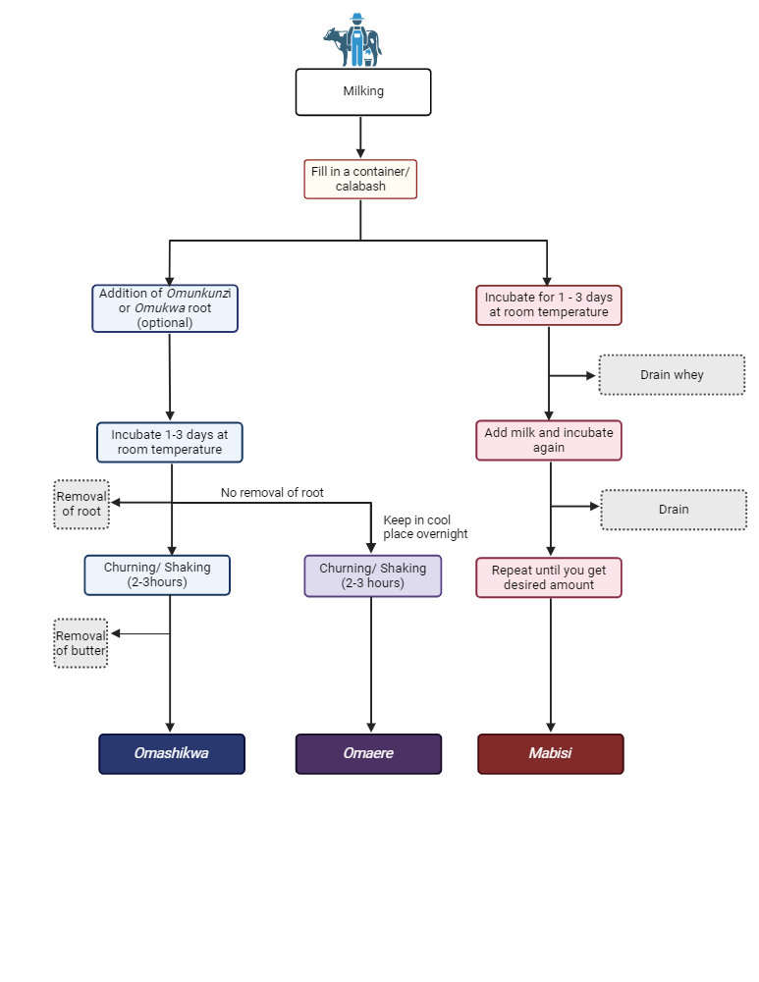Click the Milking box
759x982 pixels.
coord(363,92)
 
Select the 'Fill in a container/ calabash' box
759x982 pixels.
coord(360,179)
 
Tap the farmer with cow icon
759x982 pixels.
coord(352,40)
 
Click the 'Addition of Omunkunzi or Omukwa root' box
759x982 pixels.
coord(165,308)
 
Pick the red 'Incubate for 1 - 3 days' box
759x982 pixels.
coord(549,304)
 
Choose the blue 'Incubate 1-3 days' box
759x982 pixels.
coord(169,442)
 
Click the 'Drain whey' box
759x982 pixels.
coord(672,375)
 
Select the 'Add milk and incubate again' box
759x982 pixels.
coord(549,440)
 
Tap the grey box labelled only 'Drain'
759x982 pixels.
coord(674,510)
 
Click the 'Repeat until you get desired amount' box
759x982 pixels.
coord(549,577)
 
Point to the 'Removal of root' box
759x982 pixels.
coord(81,504)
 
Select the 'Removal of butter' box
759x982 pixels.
coord(81,643)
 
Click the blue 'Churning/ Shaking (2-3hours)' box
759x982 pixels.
coord(157,574)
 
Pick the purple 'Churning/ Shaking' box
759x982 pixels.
coord(372,575)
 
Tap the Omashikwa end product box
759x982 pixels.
coord(172,754)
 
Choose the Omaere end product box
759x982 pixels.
coord(369,754)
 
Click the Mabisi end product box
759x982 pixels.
coord(550,754)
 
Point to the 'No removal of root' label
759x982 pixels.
coord(272,493)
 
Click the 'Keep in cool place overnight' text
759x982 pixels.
coord(425,527)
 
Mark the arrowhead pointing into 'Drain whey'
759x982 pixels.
coord(592,375)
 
